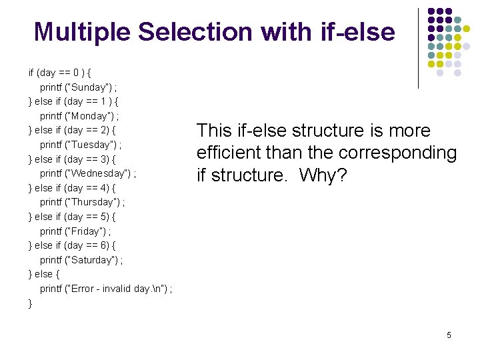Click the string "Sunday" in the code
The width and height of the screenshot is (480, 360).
tap(88, 87)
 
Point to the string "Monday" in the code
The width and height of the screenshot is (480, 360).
tap(89, 116)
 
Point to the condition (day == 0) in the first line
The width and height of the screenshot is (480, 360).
tap(61, 73)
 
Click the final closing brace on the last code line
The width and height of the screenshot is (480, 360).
tap(30, 303)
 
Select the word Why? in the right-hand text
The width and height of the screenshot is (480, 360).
tap(322, 175)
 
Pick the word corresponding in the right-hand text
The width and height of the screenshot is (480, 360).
tap(397, 153)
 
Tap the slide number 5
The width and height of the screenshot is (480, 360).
tap(449, 335)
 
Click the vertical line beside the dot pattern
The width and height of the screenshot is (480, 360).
tap(418, 48)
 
